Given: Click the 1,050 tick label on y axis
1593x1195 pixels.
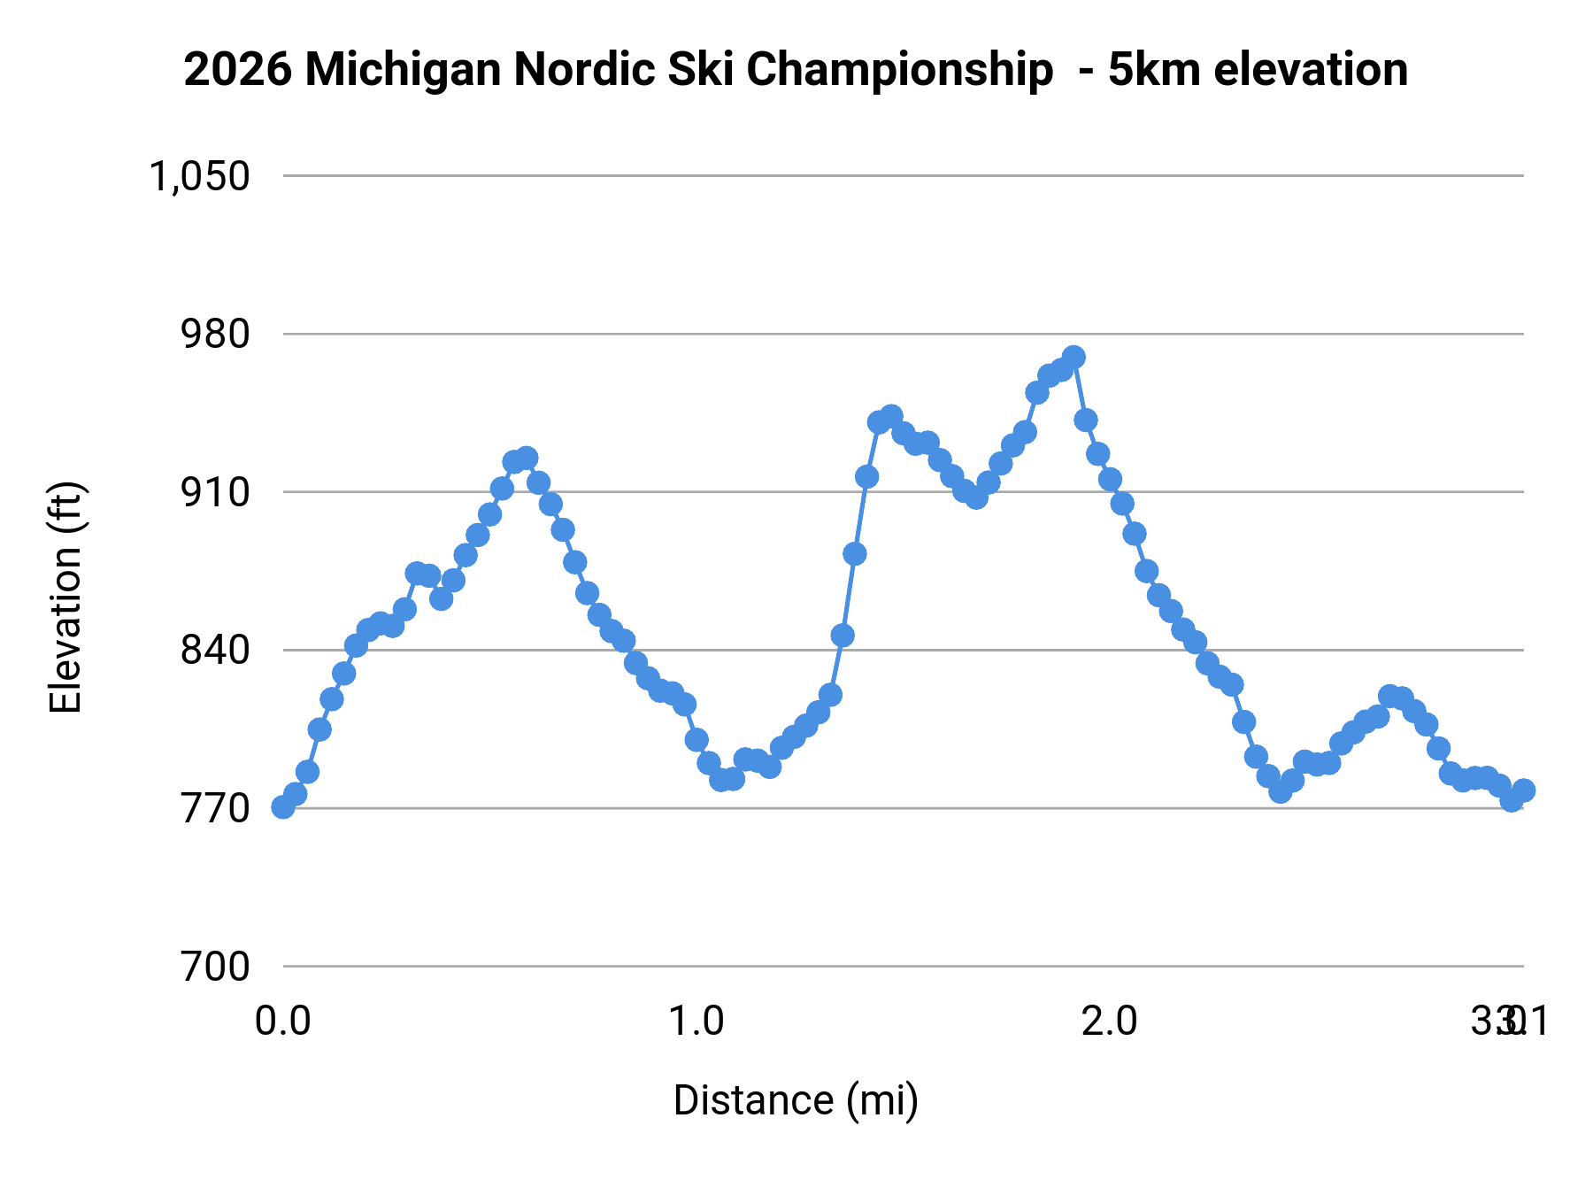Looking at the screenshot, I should pyautogui.click(x=199, y=176).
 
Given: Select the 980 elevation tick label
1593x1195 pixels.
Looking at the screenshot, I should pyautogui.click(x=215, y=335).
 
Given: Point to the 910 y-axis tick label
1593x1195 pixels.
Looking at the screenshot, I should pyautogui.click(x=215, y=492).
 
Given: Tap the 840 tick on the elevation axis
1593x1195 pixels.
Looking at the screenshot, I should pyautogui.click(x=215, y=651).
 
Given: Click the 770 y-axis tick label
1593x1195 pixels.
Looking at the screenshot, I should pyautogui.click(x=215, y=808).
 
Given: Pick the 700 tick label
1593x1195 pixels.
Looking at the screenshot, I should pyautogui.click(x=215, y=967).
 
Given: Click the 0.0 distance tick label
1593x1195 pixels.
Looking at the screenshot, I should pyautogui.click(x=283, y=1022).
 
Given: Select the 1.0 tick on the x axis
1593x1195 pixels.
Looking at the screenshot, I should pyautogui.click(x=696, y=1022).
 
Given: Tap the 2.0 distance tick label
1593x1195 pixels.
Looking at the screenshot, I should pyautogui.click(x=1110, y=1022).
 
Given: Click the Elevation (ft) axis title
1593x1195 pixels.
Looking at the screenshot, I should pyautogui.click(x=66, y=597).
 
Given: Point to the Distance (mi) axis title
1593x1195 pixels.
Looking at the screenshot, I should pyautogui.click(x=796, y=1100).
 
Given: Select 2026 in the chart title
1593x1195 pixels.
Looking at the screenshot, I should pyautogui.click(x=237, y=70).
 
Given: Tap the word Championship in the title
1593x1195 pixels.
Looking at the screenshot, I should pyautogui.click(x=899, y=70).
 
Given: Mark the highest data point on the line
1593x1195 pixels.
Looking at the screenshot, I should pyautogui.click(x=1074, y=358).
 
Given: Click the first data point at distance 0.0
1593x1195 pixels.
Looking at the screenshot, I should pyautogui.click(x=283, y=806).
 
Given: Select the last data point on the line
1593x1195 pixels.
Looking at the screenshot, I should pyautogui.click(x=1523, y=790).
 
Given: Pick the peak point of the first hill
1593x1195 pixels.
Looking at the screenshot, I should pyautogui.click(x=527, y=459).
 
